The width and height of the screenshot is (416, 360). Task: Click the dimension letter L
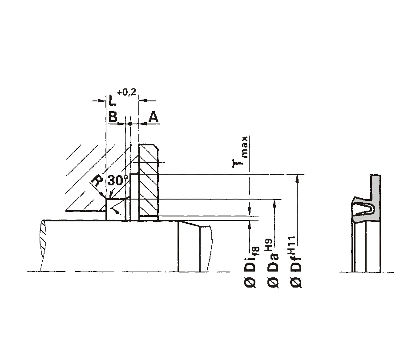(x=113, y=100)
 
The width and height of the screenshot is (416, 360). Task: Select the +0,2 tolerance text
(x=126, y=92)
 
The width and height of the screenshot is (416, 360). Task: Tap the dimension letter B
(x=113, y=116)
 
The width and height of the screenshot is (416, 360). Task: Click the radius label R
(x=97, y=181)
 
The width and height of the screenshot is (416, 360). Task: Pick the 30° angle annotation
(x=118, y=180)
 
